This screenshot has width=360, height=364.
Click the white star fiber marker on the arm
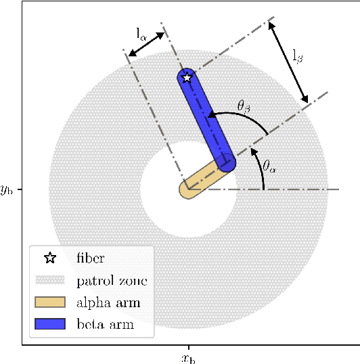click(x=187, y=77)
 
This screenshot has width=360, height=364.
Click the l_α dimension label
click(x=141, y=32)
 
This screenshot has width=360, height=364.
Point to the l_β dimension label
click(x=298, y=57)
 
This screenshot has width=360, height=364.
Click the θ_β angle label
click(x=245, y=105)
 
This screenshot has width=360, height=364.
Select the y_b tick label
click(x=7, y=189)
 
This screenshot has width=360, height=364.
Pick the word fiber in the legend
click(x=91, y=258)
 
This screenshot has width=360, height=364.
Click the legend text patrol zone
click(x=112, y=280)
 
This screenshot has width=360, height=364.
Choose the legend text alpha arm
click(x=108, y=302)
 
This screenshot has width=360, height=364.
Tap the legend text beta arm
click(x=105, y=324)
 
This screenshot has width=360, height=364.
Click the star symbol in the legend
click(x=50, y=258)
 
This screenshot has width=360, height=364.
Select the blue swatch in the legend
click(x=50, y=324)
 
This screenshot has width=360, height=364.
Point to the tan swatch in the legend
click(x=50, y=302)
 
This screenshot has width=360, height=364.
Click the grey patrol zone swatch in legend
click(x=50, y=280)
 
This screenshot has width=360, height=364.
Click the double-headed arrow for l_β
click(x=288, y=62)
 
